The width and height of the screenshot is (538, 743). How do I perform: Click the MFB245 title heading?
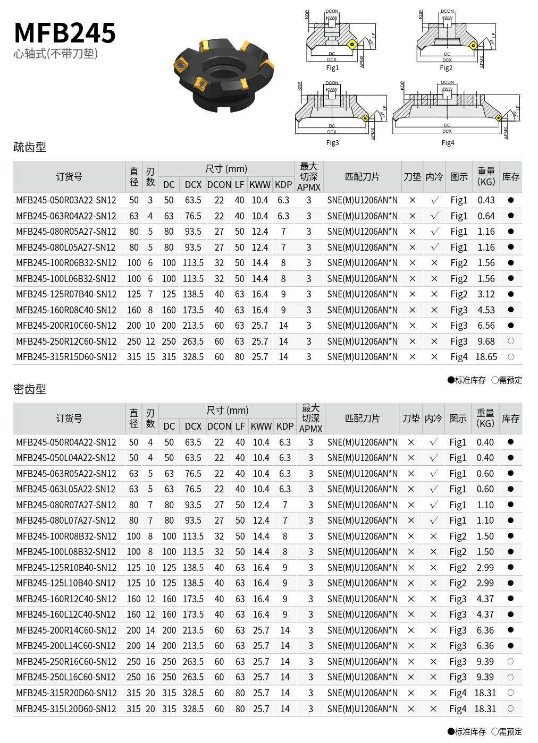point(65,33)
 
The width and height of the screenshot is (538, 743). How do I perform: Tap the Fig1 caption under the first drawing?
point(332,68)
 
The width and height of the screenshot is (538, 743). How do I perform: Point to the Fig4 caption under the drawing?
point(448,143)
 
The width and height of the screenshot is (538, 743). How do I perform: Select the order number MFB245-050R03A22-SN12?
point(66,200)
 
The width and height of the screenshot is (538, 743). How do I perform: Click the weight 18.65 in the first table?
point(486,357)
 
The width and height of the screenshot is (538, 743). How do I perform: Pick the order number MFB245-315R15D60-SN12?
point(66,357)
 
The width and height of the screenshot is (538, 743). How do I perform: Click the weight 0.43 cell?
point(486,200)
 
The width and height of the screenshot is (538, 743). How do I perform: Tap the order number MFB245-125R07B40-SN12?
point(66,294)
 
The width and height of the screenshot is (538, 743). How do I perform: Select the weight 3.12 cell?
point(486,294)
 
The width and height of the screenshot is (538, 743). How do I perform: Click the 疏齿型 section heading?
point(30,147)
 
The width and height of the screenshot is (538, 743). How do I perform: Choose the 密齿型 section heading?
point(30,389)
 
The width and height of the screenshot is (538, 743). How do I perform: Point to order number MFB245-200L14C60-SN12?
point(66,646)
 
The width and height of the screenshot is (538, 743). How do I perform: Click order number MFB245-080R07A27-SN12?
point(66,505)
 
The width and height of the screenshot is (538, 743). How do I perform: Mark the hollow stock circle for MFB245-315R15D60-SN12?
point(511,357)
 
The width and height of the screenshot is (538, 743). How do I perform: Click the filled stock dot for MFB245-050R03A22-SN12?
point(511,200)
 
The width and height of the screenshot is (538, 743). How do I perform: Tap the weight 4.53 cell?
point(486,310)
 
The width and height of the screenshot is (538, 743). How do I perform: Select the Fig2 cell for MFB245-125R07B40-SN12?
point(459,294)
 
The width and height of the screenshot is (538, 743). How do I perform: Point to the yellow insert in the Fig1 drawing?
point(351,45)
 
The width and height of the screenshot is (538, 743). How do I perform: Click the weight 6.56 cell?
point(486,326)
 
